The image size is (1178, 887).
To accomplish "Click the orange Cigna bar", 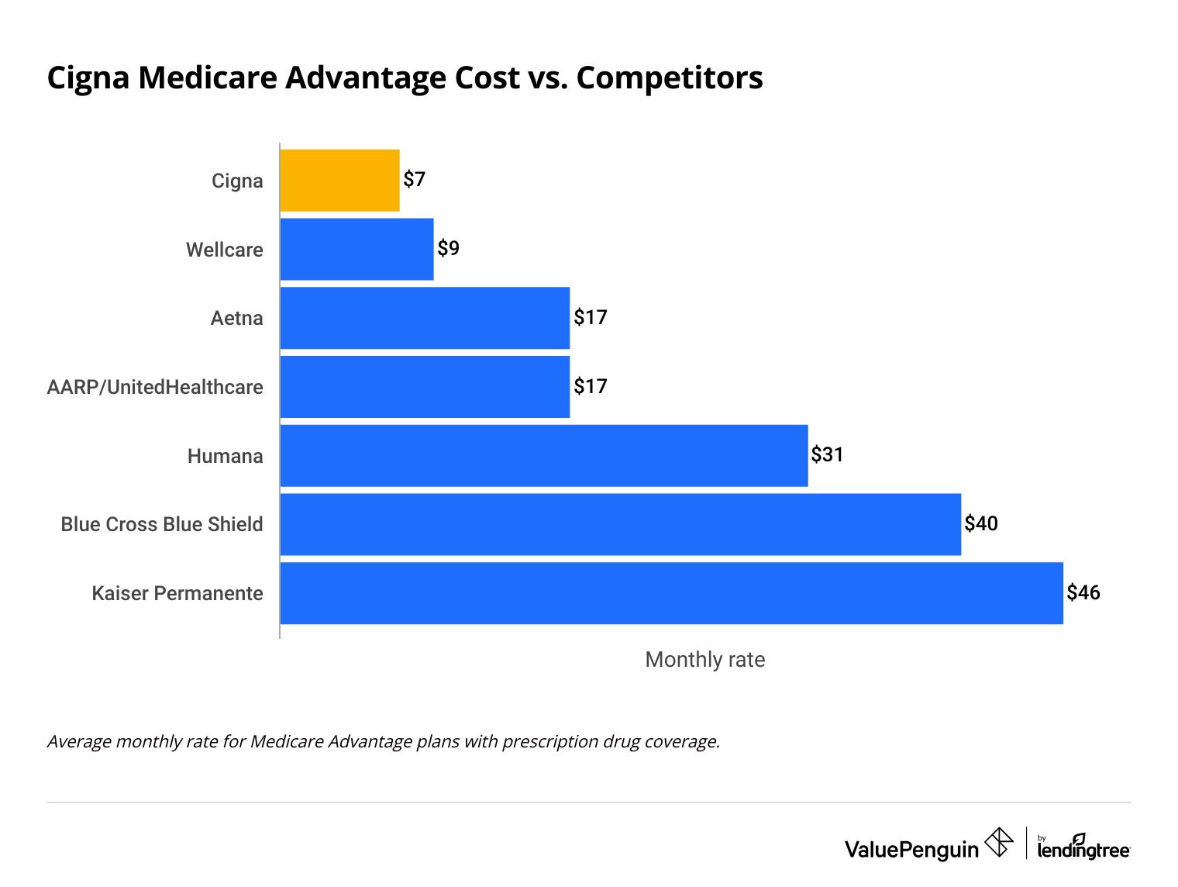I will (x=339, y=181).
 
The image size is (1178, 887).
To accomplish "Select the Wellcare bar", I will (x=356, y=249).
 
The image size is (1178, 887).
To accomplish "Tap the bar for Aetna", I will (x=425, y=318).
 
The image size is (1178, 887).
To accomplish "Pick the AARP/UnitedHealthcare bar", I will (x=425, y=387).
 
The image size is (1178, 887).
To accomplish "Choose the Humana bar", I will (x=543, y=456).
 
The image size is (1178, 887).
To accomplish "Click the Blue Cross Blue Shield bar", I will (x=620, y=524).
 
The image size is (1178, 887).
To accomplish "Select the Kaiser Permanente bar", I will (x=671, y=593).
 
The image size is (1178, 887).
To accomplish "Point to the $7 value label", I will (x=415, y=180).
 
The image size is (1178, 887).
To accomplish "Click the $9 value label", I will (x=448, y=248).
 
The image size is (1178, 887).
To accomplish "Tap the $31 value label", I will (x=827, y=454).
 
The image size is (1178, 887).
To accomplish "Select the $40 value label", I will (x=980, y=523).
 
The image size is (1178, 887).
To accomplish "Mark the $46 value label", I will (x=1083, y=592).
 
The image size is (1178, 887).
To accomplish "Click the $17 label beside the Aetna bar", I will (x=591, y=317).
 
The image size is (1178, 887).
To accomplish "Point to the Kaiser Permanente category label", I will (x=177, y=593).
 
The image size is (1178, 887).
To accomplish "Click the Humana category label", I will (x=225, y=456).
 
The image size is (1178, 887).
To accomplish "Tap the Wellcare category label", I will (x=224, y=250).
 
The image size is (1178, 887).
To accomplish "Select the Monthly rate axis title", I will (x=704, y=660).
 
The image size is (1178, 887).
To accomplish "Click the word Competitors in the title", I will (x=670, y=78).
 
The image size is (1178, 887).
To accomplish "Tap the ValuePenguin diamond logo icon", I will (x=998, y=842).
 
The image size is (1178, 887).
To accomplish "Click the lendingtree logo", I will (x=1083, y=847).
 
